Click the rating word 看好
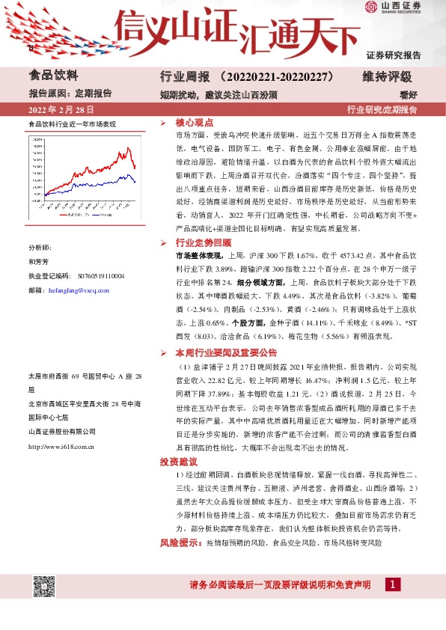429,94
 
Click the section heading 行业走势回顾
203,243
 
